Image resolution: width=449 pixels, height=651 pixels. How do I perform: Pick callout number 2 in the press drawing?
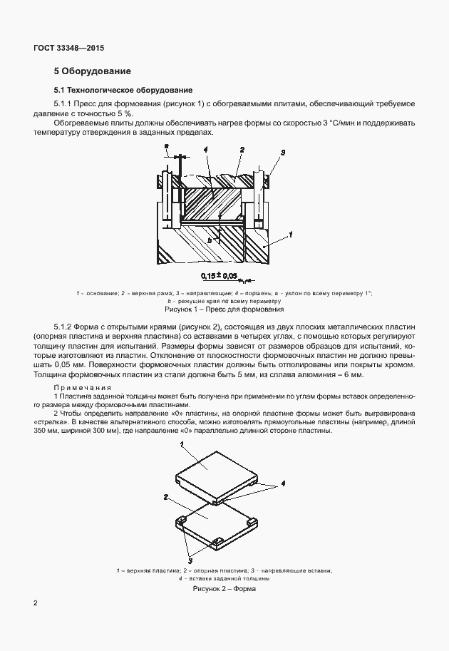[242, 150]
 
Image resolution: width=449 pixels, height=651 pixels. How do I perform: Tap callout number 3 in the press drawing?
[283, 153]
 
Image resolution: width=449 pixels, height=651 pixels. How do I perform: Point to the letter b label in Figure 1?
[210, 241]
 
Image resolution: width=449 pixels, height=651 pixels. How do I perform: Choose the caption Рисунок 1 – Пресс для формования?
[224, 310]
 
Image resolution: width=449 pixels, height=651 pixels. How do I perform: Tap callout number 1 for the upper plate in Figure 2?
[182, 443]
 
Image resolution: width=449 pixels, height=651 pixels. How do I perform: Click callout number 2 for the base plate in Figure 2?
[165, 496]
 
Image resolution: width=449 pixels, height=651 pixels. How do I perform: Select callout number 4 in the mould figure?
[283, 483]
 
